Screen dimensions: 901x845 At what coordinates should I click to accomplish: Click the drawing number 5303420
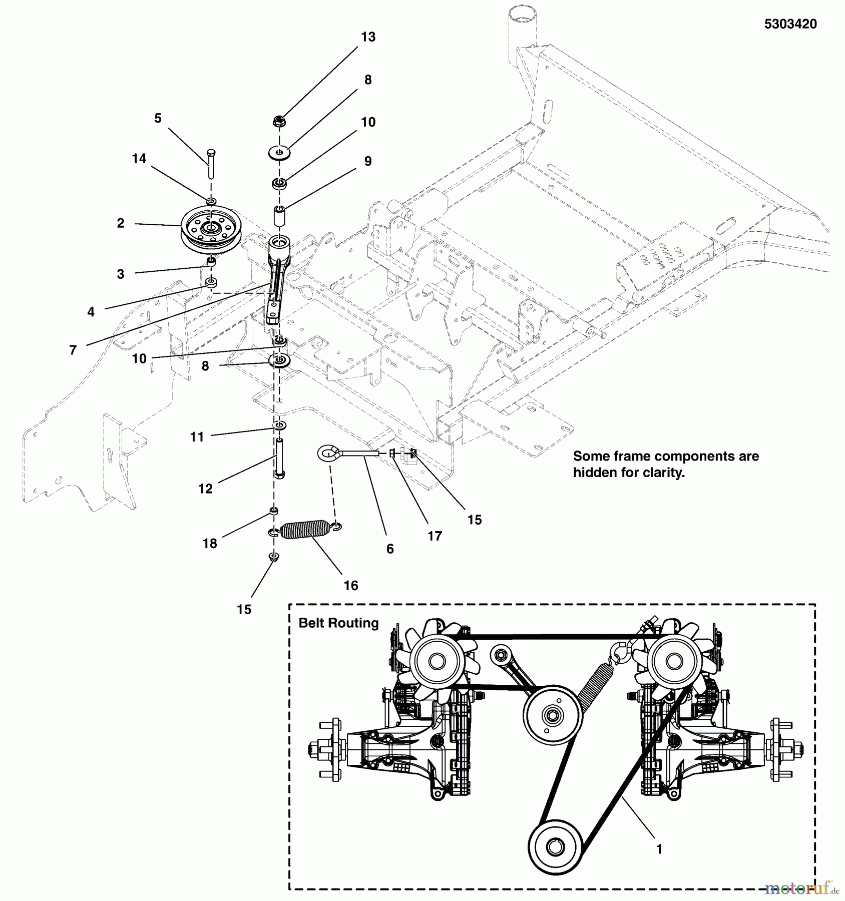click(790, 24)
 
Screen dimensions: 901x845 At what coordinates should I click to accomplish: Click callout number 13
click(368, 37)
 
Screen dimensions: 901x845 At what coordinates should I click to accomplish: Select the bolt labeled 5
click(211, 163)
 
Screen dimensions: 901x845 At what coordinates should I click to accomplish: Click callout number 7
click(73, 350)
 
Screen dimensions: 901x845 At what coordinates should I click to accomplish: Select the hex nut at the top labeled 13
click(279, 121)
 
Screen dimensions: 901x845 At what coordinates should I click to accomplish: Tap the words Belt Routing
click(338, 623)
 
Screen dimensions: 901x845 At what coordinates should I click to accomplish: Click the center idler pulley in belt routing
click(552, 716)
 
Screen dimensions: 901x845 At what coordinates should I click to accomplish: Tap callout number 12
click(206, 489)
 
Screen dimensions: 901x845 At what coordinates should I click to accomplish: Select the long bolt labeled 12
click(278, 458)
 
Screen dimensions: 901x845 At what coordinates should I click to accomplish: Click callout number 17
click(435, 536)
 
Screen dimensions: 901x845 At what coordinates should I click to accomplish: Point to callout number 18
click(210, 543)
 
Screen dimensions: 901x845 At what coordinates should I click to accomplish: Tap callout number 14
click(139, 159)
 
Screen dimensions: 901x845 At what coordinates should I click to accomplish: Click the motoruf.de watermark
click(801, 888)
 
